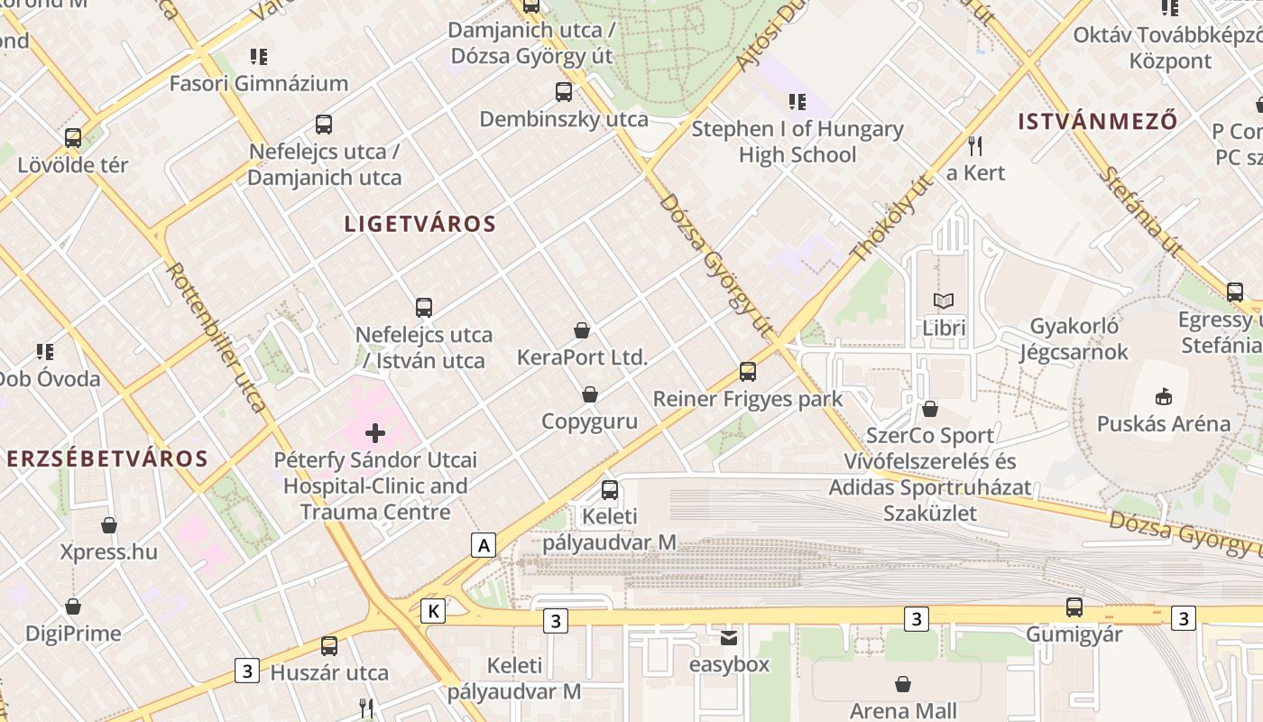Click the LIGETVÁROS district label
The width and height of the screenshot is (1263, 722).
click(419, 224)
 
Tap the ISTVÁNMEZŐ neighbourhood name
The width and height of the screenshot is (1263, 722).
click(1098, 121)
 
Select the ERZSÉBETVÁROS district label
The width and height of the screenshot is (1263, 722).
click(106, 458)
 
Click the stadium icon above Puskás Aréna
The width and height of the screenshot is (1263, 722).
click(1164, 396)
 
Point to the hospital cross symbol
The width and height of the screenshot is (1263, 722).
click(375, 433)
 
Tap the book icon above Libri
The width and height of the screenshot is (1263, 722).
click(944, 301)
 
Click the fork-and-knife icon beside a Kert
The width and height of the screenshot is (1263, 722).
click(974, 145)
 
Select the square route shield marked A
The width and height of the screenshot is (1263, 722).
click(484, 545)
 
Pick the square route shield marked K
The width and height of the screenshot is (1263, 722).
click(434, 611)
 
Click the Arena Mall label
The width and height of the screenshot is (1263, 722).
click(903, 710)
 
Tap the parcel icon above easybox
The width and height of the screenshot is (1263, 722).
click(729, 638)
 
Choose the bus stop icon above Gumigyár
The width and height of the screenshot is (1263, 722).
click(1074, 607)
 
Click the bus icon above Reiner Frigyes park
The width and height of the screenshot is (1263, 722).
click(747, 371)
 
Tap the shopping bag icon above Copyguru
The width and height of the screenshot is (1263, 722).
click(590, 394)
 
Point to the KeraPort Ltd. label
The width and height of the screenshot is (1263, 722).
click(582, 357)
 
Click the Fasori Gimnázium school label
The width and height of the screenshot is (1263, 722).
click(259, 84)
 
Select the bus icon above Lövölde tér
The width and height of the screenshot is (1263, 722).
click(73, 138)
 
